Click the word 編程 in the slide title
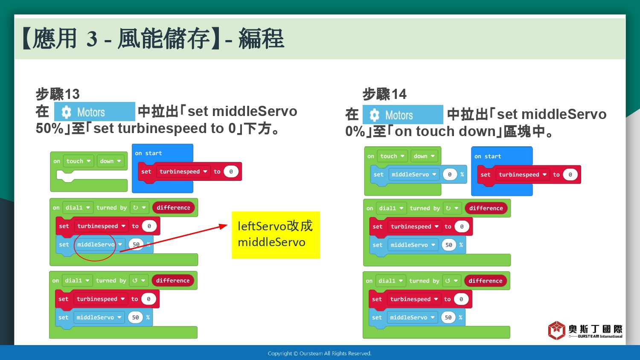pyautogui.click(x=261, y=38)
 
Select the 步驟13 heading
pyautogui.click(x=58, y=94)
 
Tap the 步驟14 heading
pyautogui.click(x=384, y=94)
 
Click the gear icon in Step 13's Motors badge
pyautogui.click(x=66, y=112)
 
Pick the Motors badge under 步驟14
pyautogui.click(x=403, y=115)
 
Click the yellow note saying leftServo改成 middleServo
pyautogui.click(x=276, y=235)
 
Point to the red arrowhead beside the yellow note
pyautogui.click(x=224, y=226)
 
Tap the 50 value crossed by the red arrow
pyautogui.click(x=136, y=244)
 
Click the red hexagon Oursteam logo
pyautogui.click(x=556, y=330)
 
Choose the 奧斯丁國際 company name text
pyautogui.click(x=596, y=329)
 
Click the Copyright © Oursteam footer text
pyautogui.click(x=320, y=354)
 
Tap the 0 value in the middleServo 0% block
pyautogui.click(x=450, y=174)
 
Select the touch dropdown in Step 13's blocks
pyautogui.click(x=78, y=161)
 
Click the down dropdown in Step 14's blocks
pyautogui.click(x=424, y=156)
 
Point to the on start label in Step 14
pyautogui.click(x=488, y=156)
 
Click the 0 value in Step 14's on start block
pyautogui.click(x=570, y=174)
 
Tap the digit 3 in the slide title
pyautogui.click(x=92, y=38)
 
